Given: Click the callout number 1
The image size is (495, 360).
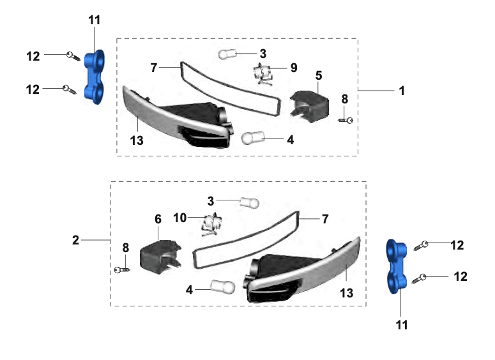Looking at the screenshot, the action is click(x=402, y=91).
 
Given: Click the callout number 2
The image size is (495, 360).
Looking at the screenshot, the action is click(x=75, y=240).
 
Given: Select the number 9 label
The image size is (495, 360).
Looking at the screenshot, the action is click(x=294, y=68).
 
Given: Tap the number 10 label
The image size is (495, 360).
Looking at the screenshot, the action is click(x=180, y=218).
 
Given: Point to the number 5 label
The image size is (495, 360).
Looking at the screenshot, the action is click(x=319, y=76).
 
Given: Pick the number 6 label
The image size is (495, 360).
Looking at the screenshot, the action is click(x=158, y=219).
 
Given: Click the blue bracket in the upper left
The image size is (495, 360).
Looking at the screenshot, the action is click(x=95, y=77).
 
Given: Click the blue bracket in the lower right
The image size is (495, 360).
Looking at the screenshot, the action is click(x=397, y=267).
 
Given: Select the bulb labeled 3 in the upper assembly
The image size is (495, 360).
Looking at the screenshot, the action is click(x=227, y=54).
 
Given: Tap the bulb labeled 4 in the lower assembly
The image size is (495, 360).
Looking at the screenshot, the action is click(x=223, y=287).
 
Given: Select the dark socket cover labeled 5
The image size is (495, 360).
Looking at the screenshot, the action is click(x=309, y=107).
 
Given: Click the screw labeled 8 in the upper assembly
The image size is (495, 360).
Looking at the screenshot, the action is click(x=346, y=120).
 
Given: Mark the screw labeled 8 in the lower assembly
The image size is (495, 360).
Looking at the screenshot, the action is click(x=122, y=270).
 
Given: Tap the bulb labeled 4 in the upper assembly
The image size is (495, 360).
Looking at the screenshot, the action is click(x=253, y=138).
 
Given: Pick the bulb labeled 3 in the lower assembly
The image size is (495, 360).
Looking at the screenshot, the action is click(x=249, y=202).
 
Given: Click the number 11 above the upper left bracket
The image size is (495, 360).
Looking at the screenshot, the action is click(x=94, y=20).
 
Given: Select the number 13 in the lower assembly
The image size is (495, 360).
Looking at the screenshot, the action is click(x=346, y=293).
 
